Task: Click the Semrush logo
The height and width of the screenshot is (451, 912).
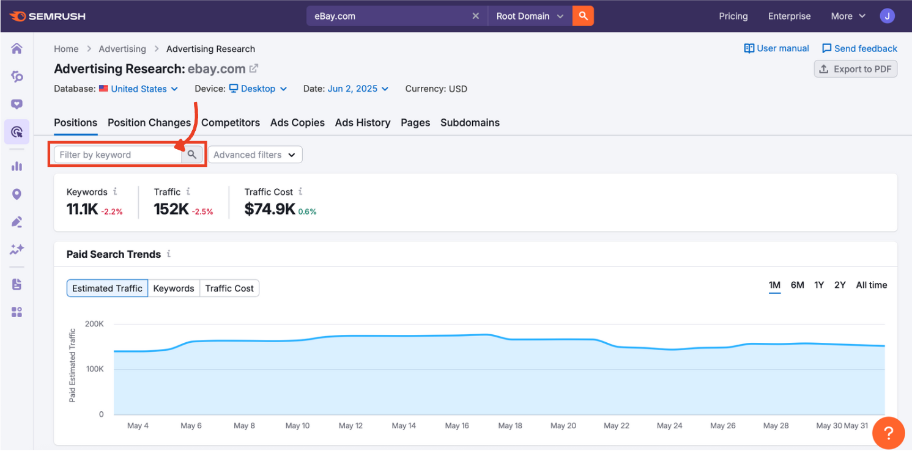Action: (x=48, y=16)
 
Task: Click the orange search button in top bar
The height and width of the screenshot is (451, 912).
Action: (x=583, y=16)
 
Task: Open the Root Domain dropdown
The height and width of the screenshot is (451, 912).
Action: (x=530, y=16)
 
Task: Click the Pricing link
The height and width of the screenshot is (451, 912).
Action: (x=733, y=16)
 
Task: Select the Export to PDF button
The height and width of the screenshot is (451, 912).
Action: (x=856, y=69)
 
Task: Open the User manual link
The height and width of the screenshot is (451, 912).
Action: (x=776, y=48)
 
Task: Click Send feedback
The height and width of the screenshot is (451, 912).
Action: (x=859, y=48)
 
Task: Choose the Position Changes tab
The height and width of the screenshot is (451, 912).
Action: (x=149, y=122)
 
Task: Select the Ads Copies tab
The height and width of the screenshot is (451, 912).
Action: (x=297, y=122)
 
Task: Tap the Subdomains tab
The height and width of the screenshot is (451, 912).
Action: (x=470, y=122)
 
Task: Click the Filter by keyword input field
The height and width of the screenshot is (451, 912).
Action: (x=117, y=155)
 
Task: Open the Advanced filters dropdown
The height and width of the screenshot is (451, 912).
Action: (x=255, y=155)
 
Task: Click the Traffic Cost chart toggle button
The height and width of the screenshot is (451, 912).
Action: (x=229, y=288)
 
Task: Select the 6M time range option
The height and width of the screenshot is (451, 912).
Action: (x=797, y=285)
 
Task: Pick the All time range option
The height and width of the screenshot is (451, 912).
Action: (x=871, y=285)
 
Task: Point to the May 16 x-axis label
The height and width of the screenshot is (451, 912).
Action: (x=457, y=425)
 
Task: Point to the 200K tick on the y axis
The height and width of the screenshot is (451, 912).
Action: (x=94, y=324)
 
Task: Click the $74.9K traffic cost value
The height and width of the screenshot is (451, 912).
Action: (x=269, y=209)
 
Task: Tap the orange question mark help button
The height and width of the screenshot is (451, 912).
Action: (x=888, y=433)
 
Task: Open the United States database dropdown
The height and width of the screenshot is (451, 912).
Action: (x=139, y=89)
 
